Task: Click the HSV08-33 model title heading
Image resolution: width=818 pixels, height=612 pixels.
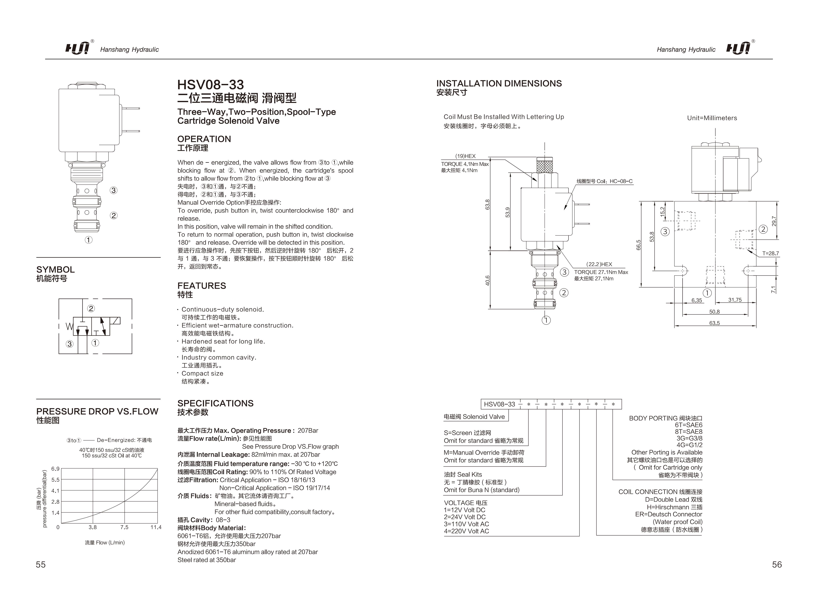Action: [210, 85]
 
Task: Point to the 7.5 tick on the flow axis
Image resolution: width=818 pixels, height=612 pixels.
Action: [124, 527]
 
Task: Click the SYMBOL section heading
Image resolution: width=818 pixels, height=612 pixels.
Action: [56, 270]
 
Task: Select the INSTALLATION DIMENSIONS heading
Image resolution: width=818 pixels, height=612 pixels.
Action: [499, 84]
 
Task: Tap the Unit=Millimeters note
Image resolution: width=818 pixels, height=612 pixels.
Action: [712, 118]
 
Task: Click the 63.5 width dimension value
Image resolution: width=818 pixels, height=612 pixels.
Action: [714, 323]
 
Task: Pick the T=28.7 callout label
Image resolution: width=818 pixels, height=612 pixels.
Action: [770, 253]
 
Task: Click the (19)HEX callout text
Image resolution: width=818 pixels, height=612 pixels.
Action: [465, 156]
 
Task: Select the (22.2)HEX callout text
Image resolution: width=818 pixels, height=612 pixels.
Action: [599, 264]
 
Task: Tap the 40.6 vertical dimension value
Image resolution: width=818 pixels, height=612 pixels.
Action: [487, 281]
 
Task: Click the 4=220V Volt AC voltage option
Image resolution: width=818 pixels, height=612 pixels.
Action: [466, 531]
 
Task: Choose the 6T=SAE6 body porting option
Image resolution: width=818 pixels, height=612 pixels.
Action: [689, 425]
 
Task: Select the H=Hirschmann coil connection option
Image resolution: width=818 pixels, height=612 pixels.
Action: [674, 507]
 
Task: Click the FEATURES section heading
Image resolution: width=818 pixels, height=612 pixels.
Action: [201, 286]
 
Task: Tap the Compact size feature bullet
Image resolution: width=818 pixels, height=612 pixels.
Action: [202, 373]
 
